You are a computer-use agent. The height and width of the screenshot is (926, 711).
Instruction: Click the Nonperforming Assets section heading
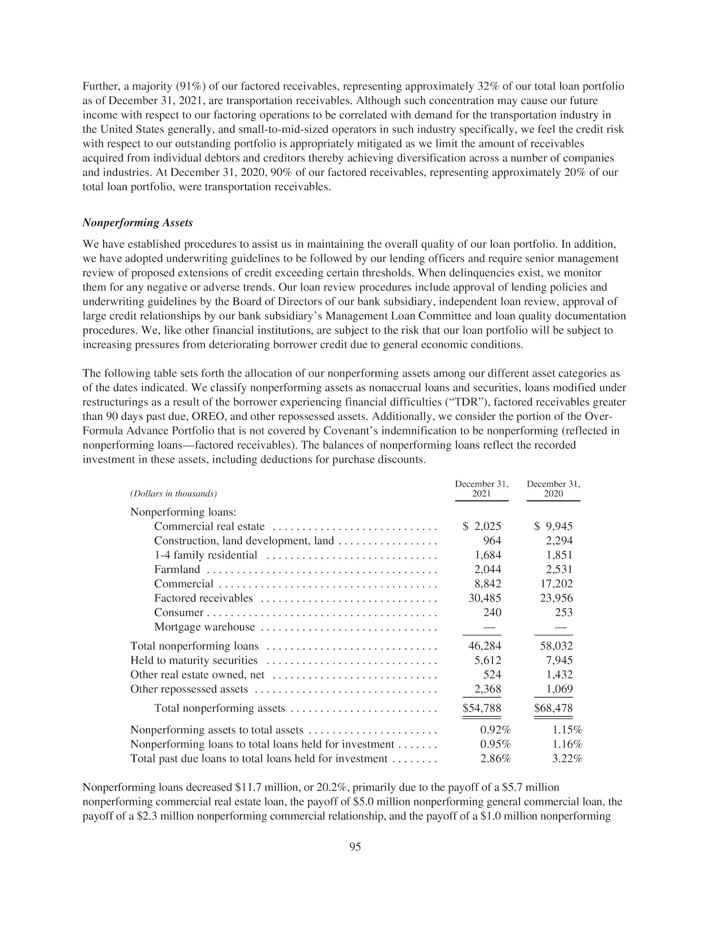click(x=137, y=223)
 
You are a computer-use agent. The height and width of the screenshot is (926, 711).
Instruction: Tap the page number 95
click(x=355, y=847)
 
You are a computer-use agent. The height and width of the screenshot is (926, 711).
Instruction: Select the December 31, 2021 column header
click(x=481, y=489)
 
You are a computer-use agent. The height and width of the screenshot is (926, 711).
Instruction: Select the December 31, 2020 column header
click(x=553, y=489)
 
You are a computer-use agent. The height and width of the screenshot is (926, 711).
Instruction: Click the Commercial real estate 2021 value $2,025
click(x=482, y=527)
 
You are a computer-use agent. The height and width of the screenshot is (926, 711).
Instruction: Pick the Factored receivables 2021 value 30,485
click(x=485, y=598)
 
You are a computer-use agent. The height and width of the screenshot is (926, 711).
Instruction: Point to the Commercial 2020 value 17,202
click(x=556, y=584)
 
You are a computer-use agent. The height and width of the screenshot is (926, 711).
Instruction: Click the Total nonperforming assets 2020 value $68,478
click(x=553, y=708)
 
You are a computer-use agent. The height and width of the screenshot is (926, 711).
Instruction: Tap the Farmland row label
click(x=177, y=569)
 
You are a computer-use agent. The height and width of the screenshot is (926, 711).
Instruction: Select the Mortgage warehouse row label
click(x=204, y=627)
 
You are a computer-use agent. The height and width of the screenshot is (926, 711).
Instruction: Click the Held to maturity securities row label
click(x=194, y=660)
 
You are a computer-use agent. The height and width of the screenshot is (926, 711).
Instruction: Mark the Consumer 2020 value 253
click(x=564, y=612)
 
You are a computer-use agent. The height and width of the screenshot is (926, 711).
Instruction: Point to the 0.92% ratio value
click(x=495, y=730)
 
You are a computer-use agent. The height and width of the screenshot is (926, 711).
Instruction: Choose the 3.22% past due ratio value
click(x=567, y=759)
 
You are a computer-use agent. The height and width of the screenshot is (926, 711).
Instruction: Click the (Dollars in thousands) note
click(x=173, y=494)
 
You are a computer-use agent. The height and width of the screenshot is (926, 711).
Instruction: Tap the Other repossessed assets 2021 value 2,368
click(x=488, y=689)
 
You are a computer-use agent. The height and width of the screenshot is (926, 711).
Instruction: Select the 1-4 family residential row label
click(x=205, y=555)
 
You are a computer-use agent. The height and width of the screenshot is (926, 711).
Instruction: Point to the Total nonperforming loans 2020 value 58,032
click(x=556, y=646)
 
